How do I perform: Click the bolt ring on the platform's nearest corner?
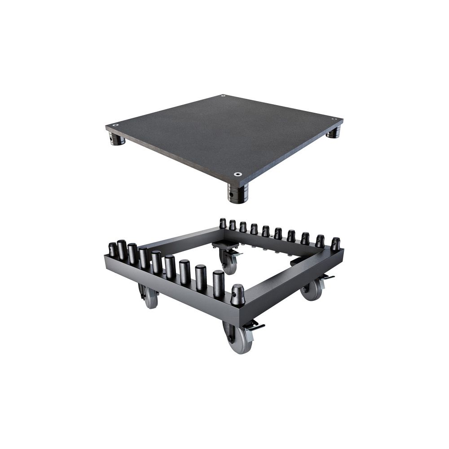click(238, 174)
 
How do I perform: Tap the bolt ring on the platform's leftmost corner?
click(116, 125)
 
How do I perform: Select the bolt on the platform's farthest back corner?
click(223, 96)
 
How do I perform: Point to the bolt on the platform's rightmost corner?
click(334, 119)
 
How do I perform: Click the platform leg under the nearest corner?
click(238, 194)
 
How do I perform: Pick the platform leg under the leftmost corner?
click(117, 140)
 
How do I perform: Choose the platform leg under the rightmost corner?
click(334, 132)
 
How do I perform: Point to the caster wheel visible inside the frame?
click(229, 263)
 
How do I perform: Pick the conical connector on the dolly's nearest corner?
click(238, 295)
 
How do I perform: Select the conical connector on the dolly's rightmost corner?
click(335, 244)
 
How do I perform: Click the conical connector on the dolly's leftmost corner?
click(112, 250)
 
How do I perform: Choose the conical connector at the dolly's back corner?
click(223, 223)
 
